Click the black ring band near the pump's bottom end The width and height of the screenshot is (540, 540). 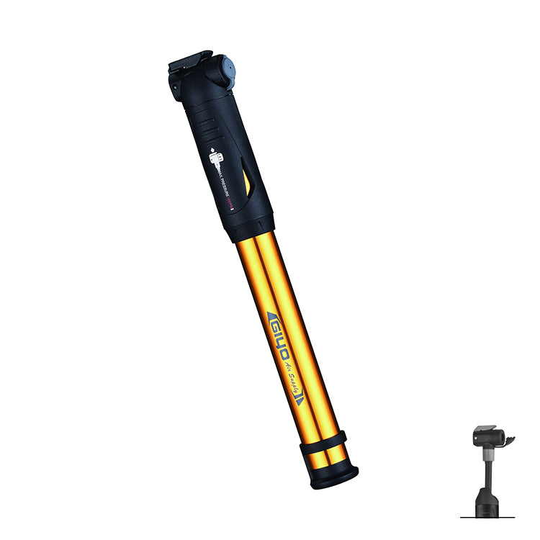click(x=323, y=443)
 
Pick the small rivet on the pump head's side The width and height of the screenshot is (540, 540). click(x=175, y=84)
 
